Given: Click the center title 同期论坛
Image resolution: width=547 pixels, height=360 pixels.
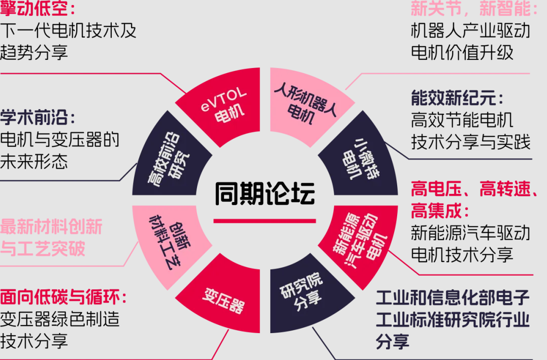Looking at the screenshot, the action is [x=265, y=193].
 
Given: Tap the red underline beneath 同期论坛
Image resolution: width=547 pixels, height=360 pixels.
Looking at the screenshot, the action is [x=265, y=221].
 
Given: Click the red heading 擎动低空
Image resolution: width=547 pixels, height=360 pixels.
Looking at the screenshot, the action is [x=34, y=8].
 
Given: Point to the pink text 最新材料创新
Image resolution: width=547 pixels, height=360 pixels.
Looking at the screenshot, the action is [x=51, y=227].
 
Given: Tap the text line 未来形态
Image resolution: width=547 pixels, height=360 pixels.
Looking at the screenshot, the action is [x=34, y=161].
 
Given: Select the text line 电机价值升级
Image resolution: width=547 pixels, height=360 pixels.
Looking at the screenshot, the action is [x=462, y=53].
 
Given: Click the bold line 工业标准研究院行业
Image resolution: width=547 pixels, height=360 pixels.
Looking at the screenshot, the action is [x=453, y=319].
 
